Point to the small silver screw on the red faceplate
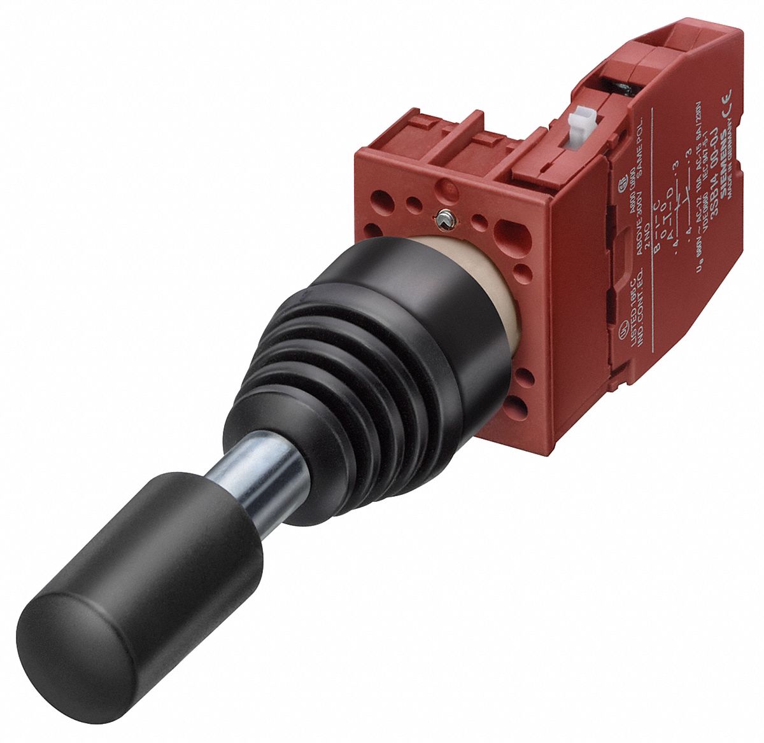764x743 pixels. point(444,219)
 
